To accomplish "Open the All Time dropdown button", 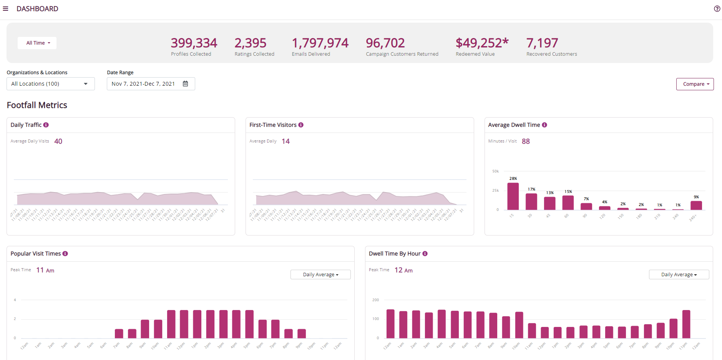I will [37, 43].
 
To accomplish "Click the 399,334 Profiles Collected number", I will [194, 43].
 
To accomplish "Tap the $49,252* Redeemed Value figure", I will [482, 43].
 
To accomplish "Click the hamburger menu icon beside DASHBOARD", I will [6, 8].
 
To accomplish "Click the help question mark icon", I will [717, 8].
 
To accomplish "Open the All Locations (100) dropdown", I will [50, 84].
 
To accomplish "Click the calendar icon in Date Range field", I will [185, 84].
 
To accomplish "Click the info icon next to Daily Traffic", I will [46, 125].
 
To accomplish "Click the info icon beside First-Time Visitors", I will [301, 125].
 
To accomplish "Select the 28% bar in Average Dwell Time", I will [513, 196].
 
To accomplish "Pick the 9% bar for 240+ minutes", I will [696, 205].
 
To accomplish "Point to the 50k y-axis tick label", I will [495, 171].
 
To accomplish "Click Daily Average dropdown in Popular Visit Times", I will [320, 274].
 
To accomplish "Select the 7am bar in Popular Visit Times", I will [119, 333].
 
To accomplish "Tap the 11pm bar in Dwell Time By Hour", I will [686, 324].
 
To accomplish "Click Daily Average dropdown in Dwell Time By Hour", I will [679, 274].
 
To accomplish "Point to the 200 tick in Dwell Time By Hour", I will [375, 300].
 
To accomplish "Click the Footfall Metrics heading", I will [37, 105].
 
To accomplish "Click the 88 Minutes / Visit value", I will [526, 141].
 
